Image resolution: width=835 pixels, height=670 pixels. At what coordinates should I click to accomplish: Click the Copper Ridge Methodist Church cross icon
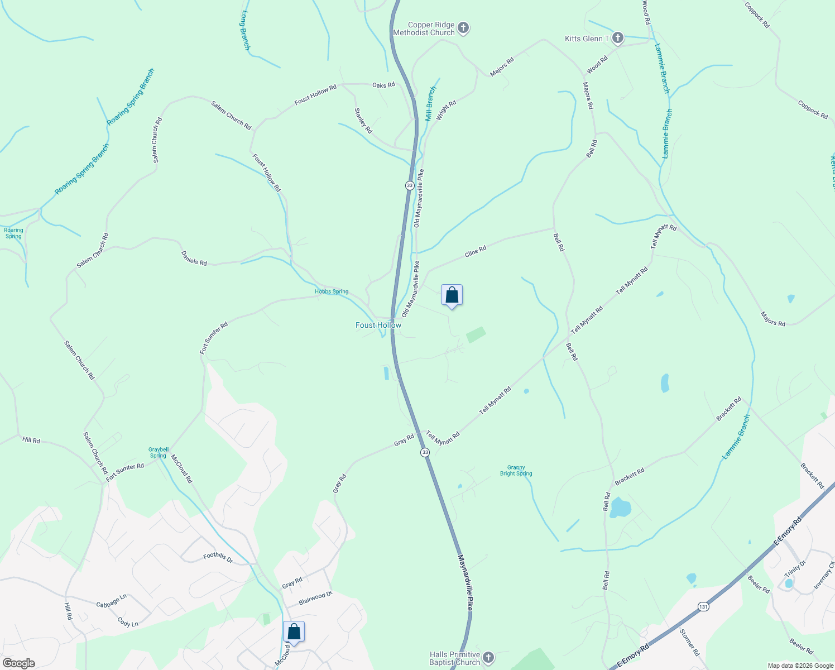pos(463,27)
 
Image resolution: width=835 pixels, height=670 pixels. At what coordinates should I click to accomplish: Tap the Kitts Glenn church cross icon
pos(617,38)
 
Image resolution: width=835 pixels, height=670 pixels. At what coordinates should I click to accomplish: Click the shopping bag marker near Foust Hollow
pos(452,295)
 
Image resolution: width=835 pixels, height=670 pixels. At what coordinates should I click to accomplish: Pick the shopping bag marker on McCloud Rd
pos(294,632)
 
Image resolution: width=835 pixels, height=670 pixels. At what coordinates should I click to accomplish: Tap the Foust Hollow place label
pos(378,325)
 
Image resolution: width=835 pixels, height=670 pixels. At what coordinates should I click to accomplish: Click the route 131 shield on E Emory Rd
pos(703,606)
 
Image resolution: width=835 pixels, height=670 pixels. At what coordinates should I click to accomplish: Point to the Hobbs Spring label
pos(332,291)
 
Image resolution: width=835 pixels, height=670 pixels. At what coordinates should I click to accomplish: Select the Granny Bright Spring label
pos(516,471)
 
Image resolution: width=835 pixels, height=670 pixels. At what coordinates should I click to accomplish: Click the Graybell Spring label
pos(159,452)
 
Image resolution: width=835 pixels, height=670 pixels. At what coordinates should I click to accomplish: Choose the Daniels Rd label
pos(194,258)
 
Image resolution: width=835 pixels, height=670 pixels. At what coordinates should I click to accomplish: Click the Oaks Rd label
pos(383,85)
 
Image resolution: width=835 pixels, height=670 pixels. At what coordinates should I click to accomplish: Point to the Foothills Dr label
pos(218,557)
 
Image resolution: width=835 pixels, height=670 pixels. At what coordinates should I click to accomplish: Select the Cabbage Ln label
pos(112,601)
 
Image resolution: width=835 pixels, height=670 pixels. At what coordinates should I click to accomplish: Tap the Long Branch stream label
pos(246,30)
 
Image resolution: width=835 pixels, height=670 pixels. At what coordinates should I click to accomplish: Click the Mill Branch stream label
pos(430,104)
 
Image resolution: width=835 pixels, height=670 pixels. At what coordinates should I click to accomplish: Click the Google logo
pos(18,663)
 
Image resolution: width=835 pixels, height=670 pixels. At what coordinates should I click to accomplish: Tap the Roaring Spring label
pos(13,233)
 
